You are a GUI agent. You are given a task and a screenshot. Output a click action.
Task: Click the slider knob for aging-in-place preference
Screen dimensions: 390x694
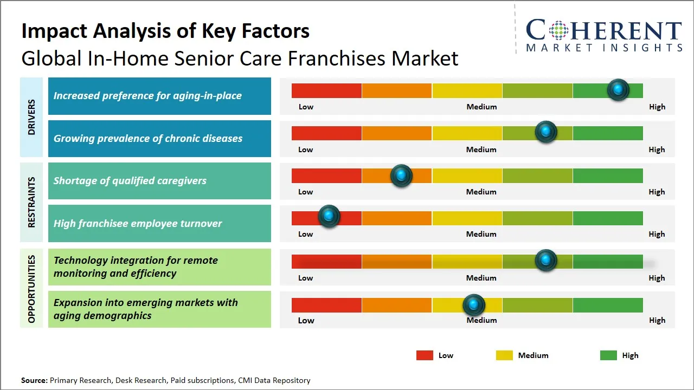618,90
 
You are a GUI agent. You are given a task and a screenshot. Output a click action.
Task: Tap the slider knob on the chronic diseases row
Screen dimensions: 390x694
546,132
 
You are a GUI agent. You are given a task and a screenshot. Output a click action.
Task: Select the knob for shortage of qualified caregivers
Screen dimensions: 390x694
401,175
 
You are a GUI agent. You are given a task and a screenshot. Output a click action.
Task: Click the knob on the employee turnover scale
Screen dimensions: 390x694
329,216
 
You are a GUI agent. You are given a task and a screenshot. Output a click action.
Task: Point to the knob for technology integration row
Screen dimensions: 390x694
546,261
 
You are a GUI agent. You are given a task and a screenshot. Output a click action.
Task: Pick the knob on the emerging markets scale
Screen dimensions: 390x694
474,305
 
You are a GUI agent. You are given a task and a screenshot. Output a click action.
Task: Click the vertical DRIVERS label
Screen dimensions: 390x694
31,117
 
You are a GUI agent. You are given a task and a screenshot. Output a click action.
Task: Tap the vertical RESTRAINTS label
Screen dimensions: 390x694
31,202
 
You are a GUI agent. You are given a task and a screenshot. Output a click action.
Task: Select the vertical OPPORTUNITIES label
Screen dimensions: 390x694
31,289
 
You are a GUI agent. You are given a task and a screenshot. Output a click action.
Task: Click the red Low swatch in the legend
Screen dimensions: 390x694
425,355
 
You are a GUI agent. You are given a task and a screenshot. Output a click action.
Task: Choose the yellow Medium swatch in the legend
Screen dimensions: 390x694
504,355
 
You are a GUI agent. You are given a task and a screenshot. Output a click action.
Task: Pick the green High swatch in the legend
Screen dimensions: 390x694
608,355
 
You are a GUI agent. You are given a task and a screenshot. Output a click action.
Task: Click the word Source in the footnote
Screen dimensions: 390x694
34,380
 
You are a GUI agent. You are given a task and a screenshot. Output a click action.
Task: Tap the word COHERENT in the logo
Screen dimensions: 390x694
603,30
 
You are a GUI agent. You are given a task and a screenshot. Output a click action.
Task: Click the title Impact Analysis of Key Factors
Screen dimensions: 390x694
165,31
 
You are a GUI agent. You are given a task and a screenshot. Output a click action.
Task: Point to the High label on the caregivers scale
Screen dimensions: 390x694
657,192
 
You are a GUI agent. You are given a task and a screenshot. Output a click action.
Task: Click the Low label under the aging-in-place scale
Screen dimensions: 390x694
306,107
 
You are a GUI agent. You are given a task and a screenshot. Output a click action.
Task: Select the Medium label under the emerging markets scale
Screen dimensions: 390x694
481,320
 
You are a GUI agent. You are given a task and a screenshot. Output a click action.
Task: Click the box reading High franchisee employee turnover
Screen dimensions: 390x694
159,223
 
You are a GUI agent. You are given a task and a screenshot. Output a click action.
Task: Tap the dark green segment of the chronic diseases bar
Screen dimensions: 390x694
607,133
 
